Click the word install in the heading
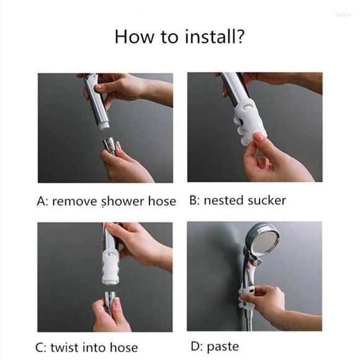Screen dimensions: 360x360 207,37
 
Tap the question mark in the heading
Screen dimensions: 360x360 240,37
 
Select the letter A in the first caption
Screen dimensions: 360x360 42,201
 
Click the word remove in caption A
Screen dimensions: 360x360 75,202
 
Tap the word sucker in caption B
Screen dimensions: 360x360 267,200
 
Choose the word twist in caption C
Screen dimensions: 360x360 65,348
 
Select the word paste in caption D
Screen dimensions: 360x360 223,347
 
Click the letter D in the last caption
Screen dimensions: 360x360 196,346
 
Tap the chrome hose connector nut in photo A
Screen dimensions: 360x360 109,145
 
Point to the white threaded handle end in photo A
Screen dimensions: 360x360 105,126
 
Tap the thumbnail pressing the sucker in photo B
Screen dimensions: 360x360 259,137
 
